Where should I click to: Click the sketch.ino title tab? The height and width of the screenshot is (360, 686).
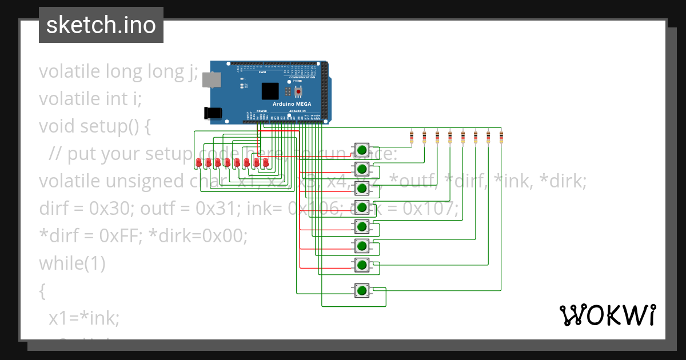[x=101, y=25]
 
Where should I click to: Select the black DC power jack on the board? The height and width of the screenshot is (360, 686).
[x=214, y=113]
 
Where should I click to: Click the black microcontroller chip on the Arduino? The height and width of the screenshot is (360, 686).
[x=270, y=91]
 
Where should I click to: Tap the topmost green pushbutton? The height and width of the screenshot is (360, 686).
[x=361, y=150]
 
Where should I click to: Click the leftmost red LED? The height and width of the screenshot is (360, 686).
[x=198, y=163]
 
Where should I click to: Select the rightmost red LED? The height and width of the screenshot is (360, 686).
[x=266, y=163]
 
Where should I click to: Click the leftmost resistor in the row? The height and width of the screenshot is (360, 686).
[x=412, y=137]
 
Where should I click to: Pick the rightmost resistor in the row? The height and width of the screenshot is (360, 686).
[x=501, y=137]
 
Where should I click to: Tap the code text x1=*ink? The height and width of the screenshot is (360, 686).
[x=84, y=318]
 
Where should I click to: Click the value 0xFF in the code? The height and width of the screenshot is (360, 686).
[x=111, y=236]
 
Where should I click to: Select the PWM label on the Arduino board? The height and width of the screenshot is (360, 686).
[x=262, y=73]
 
